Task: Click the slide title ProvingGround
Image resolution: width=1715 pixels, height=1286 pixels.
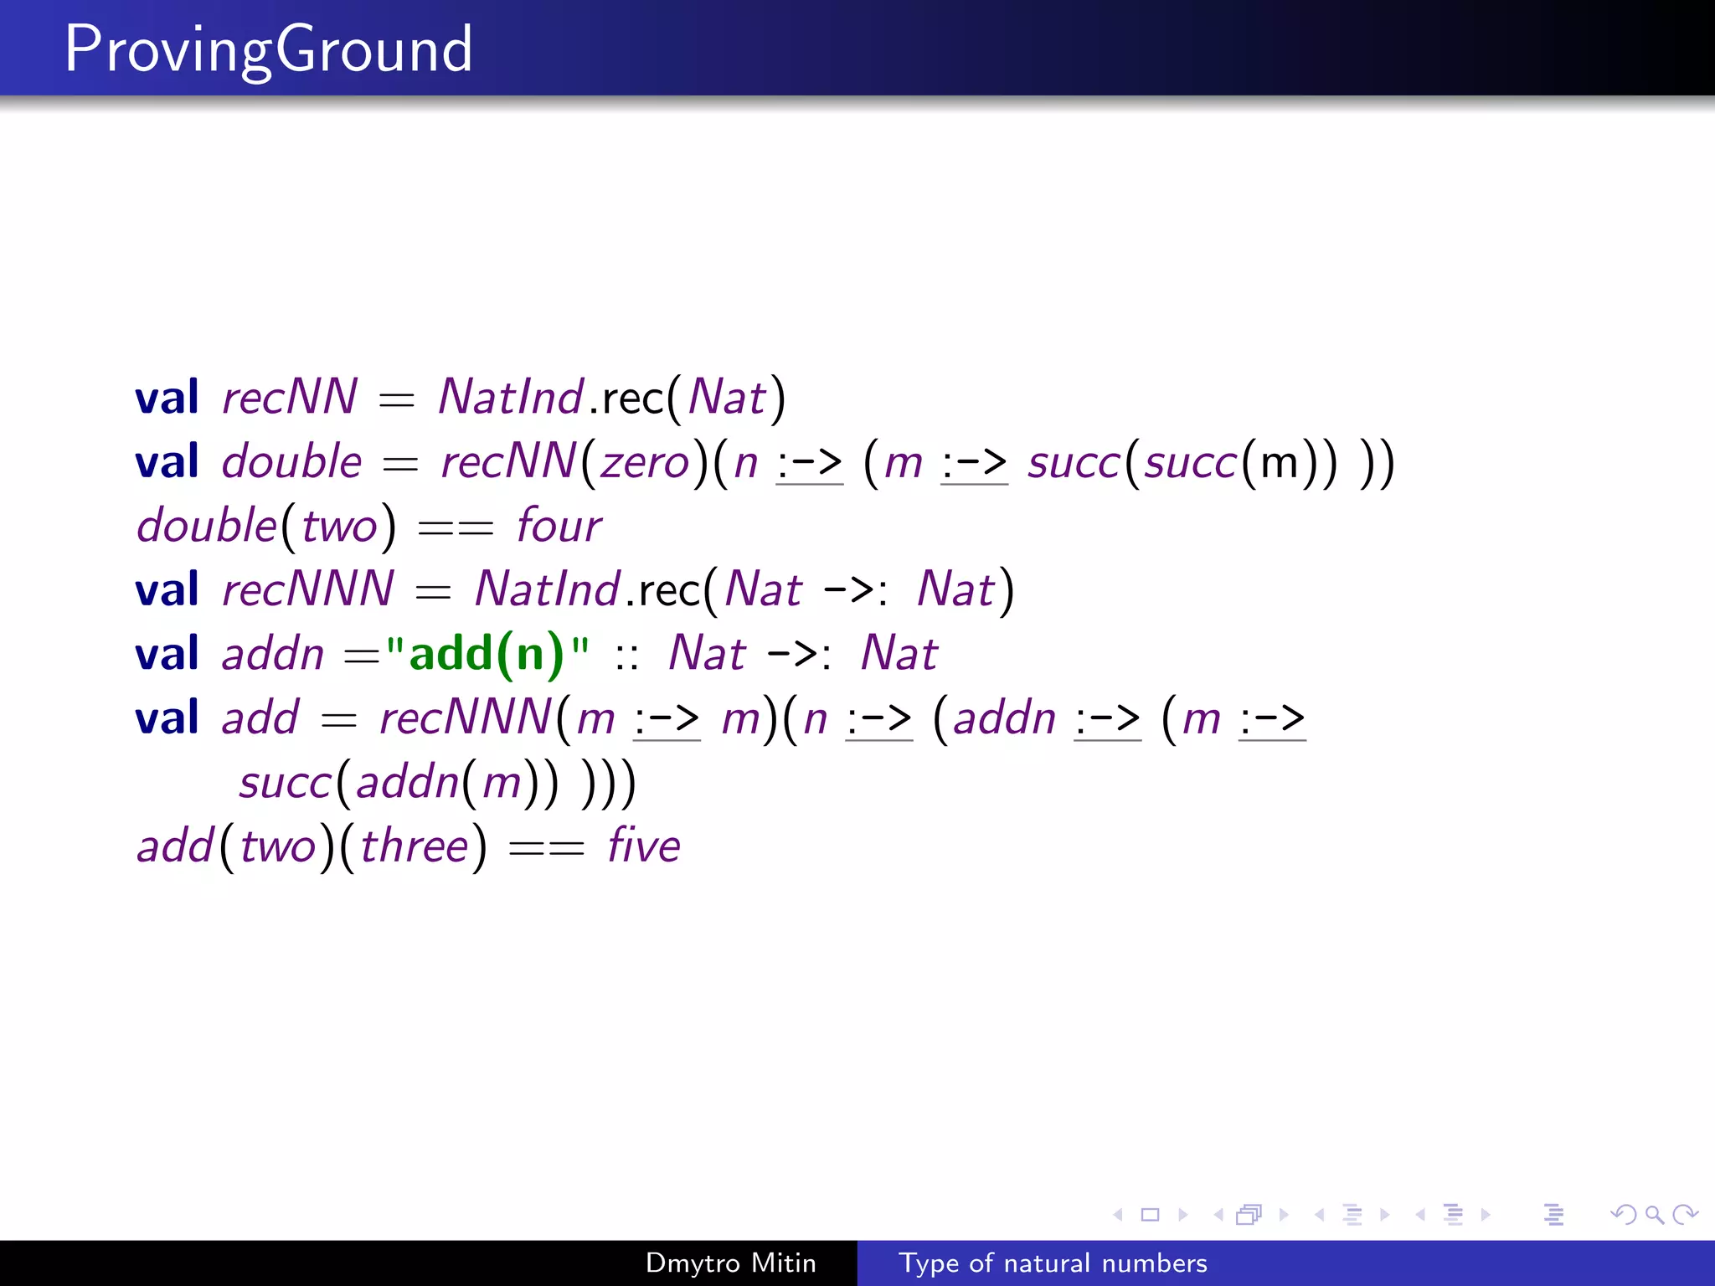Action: click(x=268, y=50)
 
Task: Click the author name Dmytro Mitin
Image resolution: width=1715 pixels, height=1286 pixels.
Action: click(x=730, y=1263)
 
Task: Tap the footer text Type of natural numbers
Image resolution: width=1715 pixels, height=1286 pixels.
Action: click(x=1053, y=1263)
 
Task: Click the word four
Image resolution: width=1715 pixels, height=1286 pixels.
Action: click(x=559, y=527)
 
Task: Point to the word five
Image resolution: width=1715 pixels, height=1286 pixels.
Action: click(x=643, y=846)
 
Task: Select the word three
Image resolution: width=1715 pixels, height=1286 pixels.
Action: click(x=414, y=846)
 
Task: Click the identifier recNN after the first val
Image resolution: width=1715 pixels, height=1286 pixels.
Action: click(x=290, y=398)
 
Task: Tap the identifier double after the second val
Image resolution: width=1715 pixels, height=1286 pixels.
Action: click(x=291, y=462)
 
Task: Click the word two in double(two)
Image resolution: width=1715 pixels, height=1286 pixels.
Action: click(x=339, y=527)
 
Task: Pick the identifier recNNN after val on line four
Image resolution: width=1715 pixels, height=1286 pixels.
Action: click(x=307, y=589)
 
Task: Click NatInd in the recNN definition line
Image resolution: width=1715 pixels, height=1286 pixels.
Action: click(x=511, y=398)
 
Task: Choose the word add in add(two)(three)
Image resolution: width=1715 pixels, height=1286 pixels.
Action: click(x=175, y=846)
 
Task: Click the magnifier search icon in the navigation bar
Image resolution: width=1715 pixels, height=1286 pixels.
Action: click(x=1654, y=1214)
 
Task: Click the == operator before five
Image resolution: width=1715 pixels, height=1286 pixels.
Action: click(x=546, y=848)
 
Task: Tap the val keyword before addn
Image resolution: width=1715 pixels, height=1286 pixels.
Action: click(x=167, y=654)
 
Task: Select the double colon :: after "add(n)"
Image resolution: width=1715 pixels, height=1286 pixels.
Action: click(x=626, y=656)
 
